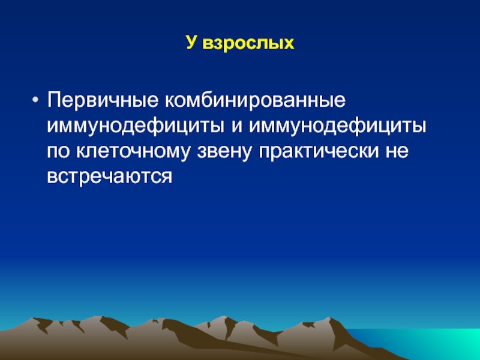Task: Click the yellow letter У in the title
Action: pos(191,43)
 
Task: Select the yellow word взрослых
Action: pos(248,43)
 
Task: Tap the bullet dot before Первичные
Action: pos(35,100)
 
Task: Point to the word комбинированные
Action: pos(256,100)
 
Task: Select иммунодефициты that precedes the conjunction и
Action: pos(136,126)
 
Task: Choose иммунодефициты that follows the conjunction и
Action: pos(337,126)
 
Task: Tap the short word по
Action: pos(58,152)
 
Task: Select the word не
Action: pos(397,152)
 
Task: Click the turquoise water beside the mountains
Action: pos(428,343)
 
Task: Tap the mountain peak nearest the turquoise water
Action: pos(329,317)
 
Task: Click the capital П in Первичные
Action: pos(53,100)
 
